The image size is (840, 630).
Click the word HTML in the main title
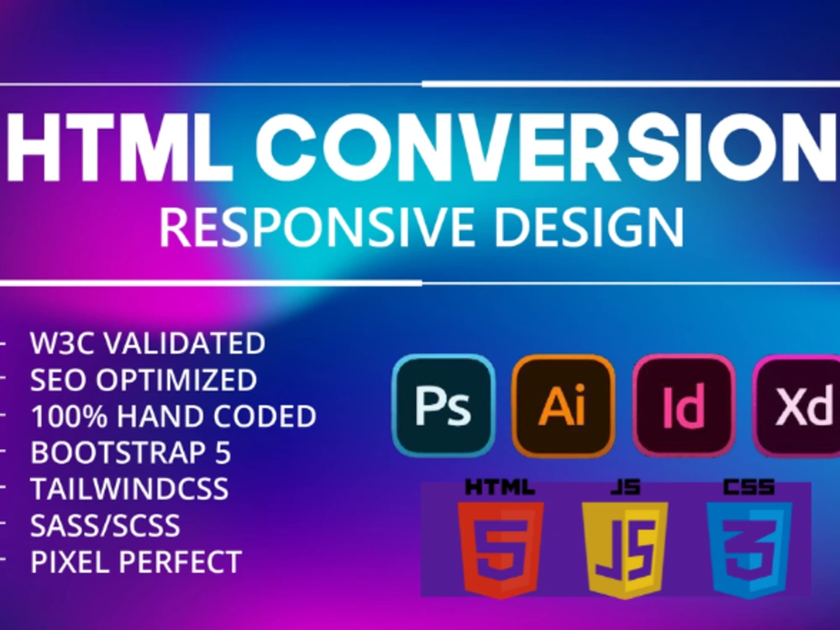pyautogui.click(x=118, y=150)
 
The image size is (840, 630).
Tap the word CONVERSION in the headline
pyautogui.click(x=538, y=150)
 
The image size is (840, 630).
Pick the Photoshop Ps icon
pyautogui.click(x=443, y=406)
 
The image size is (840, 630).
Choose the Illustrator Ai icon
pyautogui.click(x=563, y=406)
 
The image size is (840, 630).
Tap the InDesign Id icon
pyautogui.click(x=684, y=406)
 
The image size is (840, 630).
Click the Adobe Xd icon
pyautogui.click(x=798, y=406)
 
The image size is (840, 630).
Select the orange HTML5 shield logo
pyautogui.click(x=501, y=546)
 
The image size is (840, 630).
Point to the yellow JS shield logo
pyautogui.click(x=625, y=546)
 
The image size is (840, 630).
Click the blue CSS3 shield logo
pyautogui.click(x=749, y=546)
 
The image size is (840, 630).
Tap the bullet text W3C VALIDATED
pyautogui.click(x=148, y=343)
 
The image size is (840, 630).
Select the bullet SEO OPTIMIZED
pyautogui.click(x=144, y=380)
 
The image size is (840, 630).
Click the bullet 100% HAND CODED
pyautogui.click(x=173, y=416)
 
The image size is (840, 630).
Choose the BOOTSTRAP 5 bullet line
pyautogui.click(x=131, y=452)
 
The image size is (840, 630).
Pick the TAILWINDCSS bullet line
pyautogui.click(x=129, y=489)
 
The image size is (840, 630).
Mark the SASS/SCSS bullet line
pyautogui.click(x=105, y=526)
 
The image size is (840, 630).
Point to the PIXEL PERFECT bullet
pyautogui.click(x=136, y=562)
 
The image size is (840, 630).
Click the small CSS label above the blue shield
pyautogui.click(x=749, y=486)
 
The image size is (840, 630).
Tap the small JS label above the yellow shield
pyautogui.click(x=625, y=486)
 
